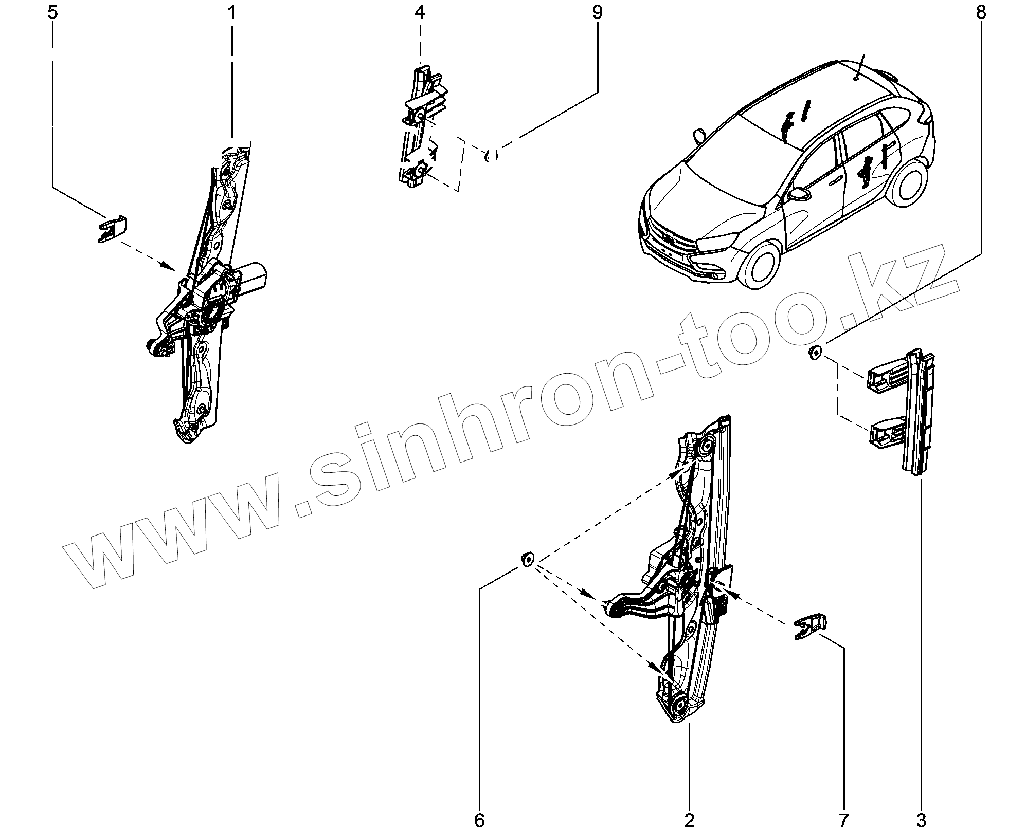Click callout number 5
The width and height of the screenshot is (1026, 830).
coord(52,12)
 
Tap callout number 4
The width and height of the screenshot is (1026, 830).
coord(420,12)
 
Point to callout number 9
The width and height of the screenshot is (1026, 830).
coord(597,12)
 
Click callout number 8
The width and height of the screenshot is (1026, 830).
coord(981,12)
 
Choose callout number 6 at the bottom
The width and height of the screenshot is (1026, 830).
coord(479,819)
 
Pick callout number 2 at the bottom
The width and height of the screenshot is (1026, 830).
coord(689,819)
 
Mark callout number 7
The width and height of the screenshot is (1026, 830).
coord(843,819)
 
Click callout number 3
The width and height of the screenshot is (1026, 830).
coord(921,819)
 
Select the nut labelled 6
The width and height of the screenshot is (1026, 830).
coord(528,559)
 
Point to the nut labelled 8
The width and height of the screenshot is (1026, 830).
coord(815,354)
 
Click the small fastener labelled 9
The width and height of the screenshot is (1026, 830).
coord(491,155)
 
